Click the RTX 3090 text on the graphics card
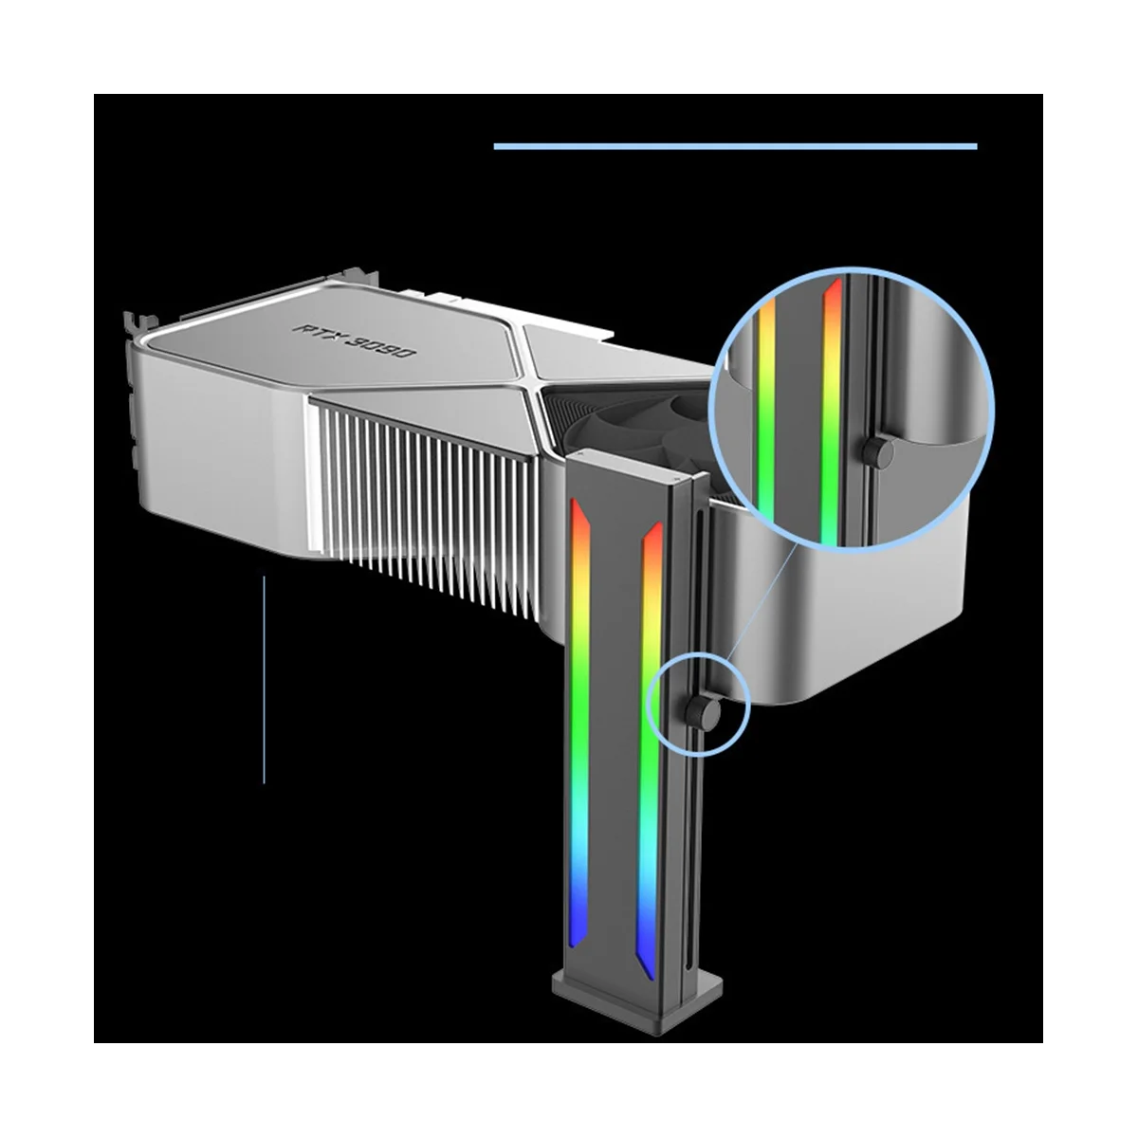(x=355, y=340)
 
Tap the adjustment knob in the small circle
(x=706, y=712)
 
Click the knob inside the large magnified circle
(x=877, y=451)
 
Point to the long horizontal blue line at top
(x=735, y=146)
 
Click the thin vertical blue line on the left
(x=264, y=680)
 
